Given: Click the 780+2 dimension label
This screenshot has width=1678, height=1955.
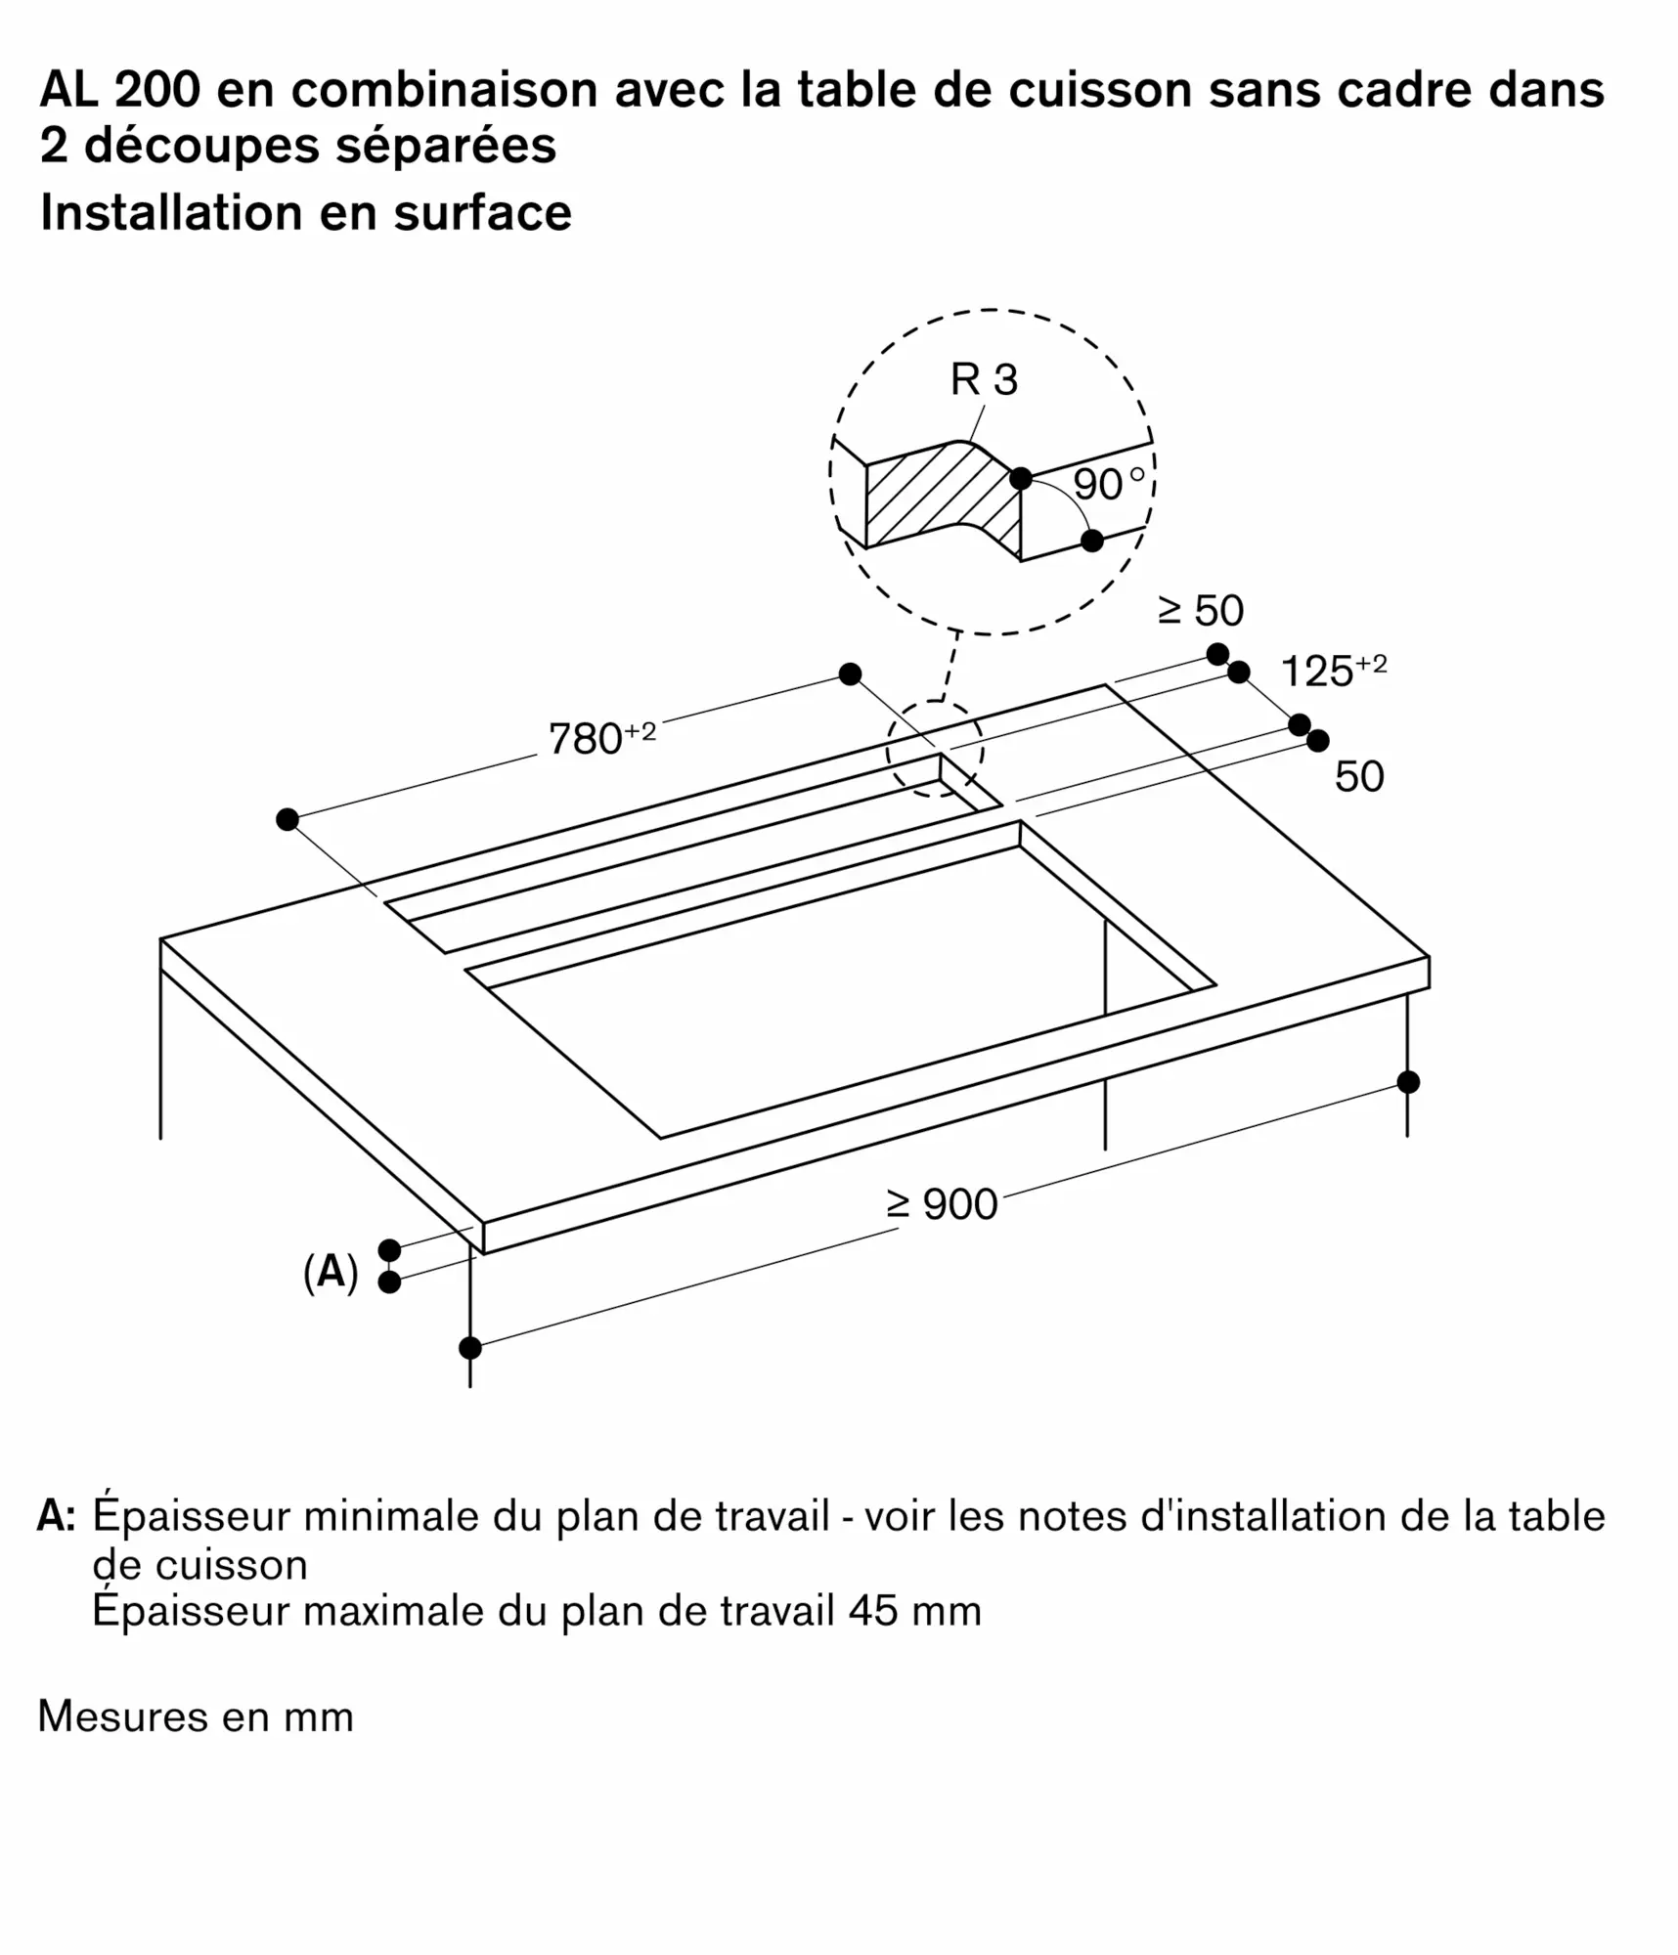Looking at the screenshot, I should [600, 738].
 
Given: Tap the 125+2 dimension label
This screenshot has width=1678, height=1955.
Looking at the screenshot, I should [1332, 671].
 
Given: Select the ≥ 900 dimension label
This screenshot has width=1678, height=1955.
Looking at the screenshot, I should [942, 1203].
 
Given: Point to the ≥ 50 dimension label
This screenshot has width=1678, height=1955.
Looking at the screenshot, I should [1200, 610].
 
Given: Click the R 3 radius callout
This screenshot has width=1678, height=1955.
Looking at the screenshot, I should [984, 379].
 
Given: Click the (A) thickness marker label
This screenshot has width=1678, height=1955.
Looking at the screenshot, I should [331, 1272].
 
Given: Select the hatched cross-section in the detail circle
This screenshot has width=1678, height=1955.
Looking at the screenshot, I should [939, 499].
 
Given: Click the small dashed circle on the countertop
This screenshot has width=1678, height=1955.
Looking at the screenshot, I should [935, 749].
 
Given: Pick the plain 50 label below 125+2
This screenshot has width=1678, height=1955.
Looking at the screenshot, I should [1358, 776].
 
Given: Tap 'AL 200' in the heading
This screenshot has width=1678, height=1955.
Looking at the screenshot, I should [119, 89].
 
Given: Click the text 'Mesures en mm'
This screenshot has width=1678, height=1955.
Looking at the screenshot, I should [196, 1716].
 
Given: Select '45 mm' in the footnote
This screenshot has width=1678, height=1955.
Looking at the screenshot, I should [914, 1610].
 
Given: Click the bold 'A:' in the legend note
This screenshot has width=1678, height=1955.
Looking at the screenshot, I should [56, 1516].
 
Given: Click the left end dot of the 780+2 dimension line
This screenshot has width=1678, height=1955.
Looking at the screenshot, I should [287, 819].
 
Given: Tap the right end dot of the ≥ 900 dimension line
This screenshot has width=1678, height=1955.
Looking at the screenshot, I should [1408, 1082].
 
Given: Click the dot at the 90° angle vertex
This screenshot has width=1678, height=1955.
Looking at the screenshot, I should [1021, 479].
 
